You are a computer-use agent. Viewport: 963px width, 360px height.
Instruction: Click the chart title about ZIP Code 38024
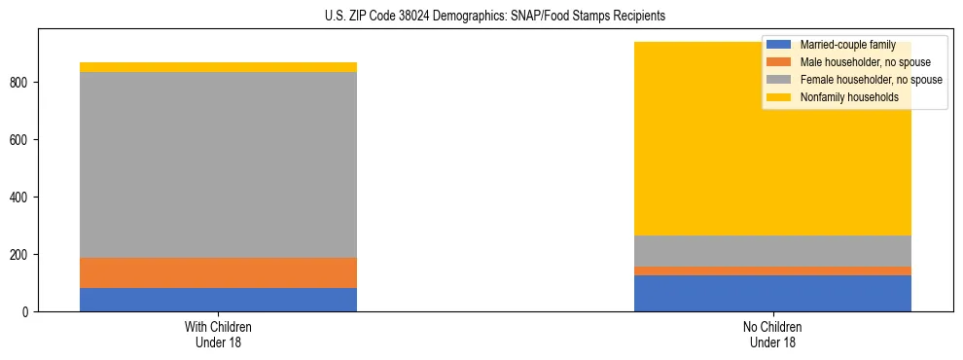point(481,17)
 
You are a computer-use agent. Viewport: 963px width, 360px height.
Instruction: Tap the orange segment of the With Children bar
point(218,272)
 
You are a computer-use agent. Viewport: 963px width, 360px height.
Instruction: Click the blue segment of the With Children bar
point(218,300)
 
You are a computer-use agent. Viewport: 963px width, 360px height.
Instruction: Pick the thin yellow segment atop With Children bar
point(218,67)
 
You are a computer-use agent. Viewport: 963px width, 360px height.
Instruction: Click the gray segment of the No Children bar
point(772,251)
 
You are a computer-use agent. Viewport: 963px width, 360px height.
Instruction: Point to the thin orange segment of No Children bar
point(772,270)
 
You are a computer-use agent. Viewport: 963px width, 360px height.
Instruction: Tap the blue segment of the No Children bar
point(772,294)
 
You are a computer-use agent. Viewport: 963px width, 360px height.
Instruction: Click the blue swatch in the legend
point(779,45)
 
